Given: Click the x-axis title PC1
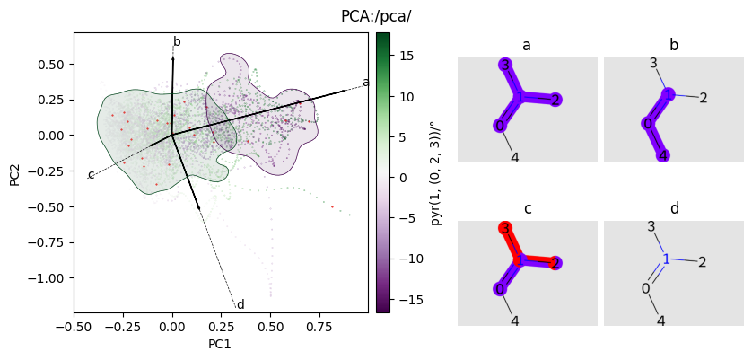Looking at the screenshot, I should [221, 344].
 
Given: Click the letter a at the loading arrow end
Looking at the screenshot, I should [365, 83].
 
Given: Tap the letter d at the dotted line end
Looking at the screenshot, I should [240, 305].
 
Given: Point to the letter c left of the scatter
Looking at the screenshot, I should [91, 174].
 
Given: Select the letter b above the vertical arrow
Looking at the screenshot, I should [177, 41].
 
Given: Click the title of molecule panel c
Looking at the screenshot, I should [528, 209].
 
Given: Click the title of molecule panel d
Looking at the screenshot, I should [674, 209].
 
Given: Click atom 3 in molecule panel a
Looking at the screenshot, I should [506, 65].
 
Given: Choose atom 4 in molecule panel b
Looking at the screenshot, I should [662, 156].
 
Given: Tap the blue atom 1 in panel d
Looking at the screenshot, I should [666, 259].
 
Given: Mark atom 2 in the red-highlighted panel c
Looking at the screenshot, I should [556, 263].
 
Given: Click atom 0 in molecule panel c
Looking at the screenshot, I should [499, 289].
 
